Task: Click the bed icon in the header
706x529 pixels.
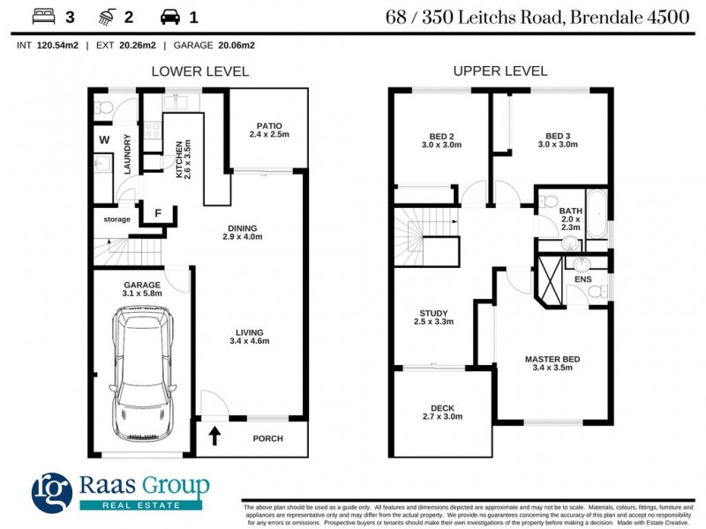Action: click(x=41, y=17)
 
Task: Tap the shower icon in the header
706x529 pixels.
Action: click(x=107, y=17)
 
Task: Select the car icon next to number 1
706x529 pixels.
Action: click(x=170, y=17)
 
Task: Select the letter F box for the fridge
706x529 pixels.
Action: click(x=158, y=213)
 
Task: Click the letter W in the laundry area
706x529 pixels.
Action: click(x=103, y=139)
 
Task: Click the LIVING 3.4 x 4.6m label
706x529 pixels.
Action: click(x=246, y=336)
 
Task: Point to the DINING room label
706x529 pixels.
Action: click(x=243, y=231)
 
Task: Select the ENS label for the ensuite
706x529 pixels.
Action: click(x=582, y=280)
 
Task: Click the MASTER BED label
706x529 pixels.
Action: click(x=552, y=363)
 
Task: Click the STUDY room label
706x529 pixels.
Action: click(x=433, y=317)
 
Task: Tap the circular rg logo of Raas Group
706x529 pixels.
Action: click(x=52, y=492)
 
